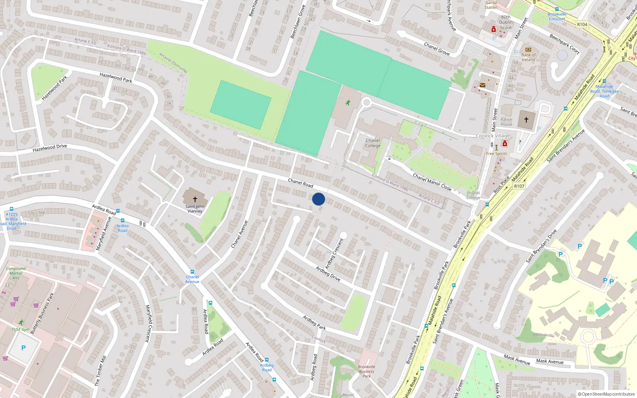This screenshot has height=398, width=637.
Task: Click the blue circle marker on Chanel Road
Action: (318, 199)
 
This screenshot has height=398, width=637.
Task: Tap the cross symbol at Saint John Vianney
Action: (195, 199)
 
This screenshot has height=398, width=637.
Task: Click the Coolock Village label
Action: (493, 136)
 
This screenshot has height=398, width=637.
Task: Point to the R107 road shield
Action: (519, 186)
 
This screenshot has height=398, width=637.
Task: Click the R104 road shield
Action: (582, 25)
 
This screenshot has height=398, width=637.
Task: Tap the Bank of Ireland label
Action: (528, 57)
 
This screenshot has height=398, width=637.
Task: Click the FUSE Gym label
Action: (20, 330)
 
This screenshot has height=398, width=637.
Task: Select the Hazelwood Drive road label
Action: (50, 148)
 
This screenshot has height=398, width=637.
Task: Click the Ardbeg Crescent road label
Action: (334, 254)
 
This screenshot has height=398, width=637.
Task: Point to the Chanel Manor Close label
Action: (432, 182)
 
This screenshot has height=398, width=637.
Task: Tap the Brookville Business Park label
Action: (366, 371)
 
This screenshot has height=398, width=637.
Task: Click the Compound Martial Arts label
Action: (16, 273)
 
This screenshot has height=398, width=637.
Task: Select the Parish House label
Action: (506, 122)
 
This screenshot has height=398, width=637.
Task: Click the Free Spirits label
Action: (496, 154)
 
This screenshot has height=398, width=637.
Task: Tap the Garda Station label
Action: (491, 5)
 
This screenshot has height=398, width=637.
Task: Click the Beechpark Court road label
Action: (565, 44)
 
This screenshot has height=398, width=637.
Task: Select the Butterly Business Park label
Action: (42, 313)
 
